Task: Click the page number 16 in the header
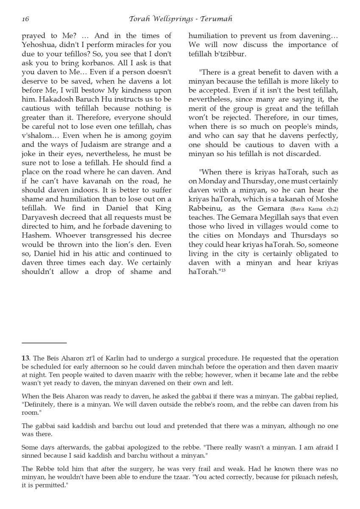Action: [25, 19]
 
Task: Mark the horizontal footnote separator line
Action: [44, 342]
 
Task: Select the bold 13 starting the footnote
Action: [25, 358]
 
